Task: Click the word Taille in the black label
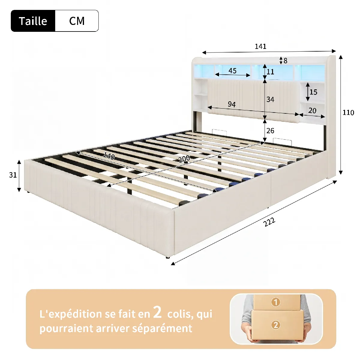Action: pos(33,21)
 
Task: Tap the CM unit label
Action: pos(77,21)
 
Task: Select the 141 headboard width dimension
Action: pos(260,46)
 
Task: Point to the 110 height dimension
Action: pos(348,112)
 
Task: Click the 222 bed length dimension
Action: pos(269,222)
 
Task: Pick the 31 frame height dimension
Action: pos(13,175)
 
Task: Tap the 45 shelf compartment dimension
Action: pos(232,70)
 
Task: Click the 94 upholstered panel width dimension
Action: pos(232,104)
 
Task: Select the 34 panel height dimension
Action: pos(270,99)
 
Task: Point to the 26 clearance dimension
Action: pos(270,131)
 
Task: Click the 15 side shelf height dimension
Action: pos(313,92)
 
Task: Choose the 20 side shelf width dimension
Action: pos(312,111)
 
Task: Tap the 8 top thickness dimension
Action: pos(285,61)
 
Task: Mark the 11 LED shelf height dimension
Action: pos(270,72)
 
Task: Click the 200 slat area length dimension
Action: pos(184,159)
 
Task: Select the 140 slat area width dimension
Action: pos(109,156)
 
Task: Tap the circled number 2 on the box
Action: pos(276,325)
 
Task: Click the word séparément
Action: pos(162,328)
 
